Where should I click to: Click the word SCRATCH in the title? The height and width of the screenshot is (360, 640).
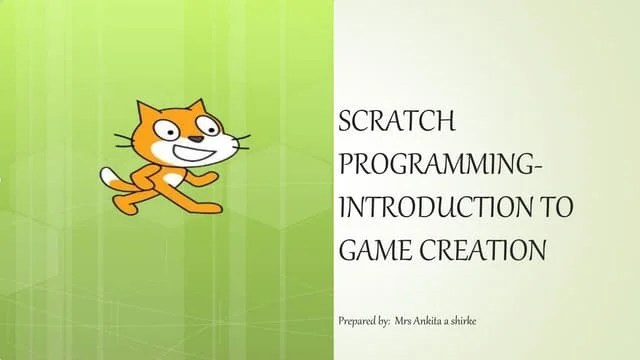[x=397, y=123]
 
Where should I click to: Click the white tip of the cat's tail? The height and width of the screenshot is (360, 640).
[x=107, y=176]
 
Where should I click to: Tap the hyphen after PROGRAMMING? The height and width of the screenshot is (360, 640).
[x=543, y=167]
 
